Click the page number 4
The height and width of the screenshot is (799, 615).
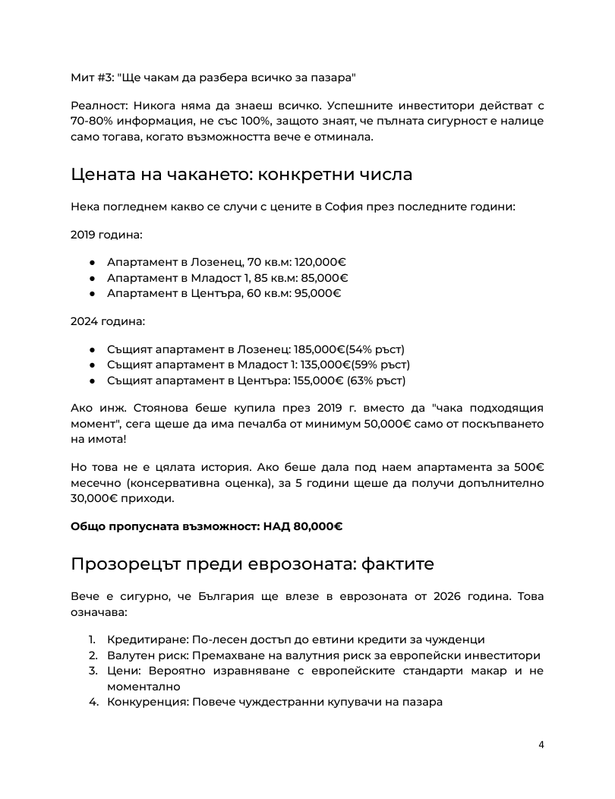541,744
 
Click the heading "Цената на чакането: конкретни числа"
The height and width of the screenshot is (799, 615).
241,174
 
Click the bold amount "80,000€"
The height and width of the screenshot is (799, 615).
317,526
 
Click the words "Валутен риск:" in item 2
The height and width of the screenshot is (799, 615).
148,655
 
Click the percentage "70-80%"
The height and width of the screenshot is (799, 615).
93,121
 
